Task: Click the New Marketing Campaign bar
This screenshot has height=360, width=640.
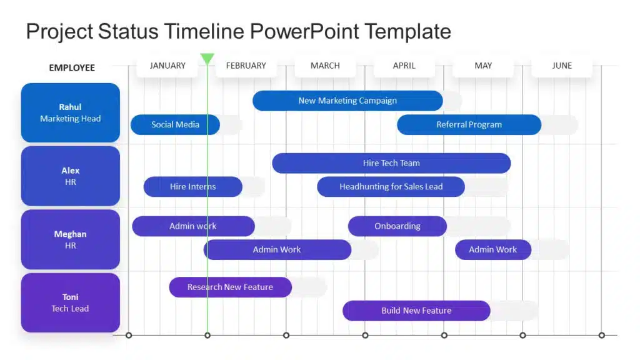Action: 347,101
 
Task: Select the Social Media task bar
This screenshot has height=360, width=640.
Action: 175,124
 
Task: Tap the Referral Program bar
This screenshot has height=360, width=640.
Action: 469,124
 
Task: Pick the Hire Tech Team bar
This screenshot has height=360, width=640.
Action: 391,163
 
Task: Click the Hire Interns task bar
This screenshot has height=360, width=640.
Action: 192,186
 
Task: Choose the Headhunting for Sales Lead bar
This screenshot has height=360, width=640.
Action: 391,186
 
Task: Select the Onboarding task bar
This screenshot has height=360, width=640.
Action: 397,226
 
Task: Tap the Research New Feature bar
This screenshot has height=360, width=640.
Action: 230,287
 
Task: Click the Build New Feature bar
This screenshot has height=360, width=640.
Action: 416,311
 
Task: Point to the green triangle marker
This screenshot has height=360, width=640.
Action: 207,58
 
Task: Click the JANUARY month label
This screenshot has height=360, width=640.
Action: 167,66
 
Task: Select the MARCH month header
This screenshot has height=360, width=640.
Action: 325,66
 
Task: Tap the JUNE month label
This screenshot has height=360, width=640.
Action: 562,66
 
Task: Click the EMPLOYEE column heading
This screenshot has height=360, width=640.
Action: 72,67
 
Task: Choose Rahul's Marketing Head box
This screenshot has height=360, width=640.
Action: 71,112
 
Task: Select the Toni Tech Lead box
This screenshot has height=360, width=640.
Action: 71,302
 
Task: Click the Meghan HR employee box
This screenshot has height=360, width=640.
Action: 71,239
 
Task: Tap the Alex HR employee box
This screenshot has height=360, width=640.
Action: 71,176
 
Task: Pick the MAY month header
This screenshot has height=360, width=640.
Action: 483,66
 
